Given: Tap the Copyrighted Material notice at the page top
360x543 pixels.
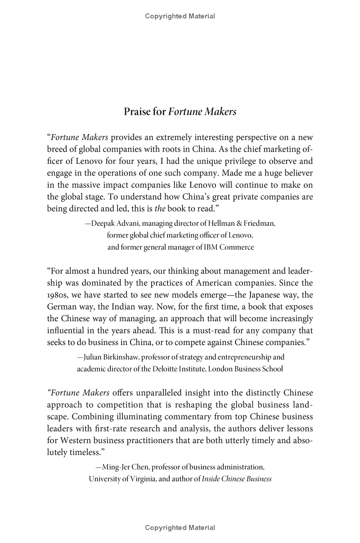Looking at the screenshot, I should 180,16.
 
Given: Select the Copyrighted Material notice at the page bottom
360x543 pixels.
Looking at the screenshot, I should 180,528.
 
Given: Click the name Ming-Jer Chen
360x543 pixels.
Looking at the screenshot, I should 126,467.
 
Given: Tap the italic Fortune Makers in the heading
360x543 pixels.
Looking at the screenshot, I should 202,112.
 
